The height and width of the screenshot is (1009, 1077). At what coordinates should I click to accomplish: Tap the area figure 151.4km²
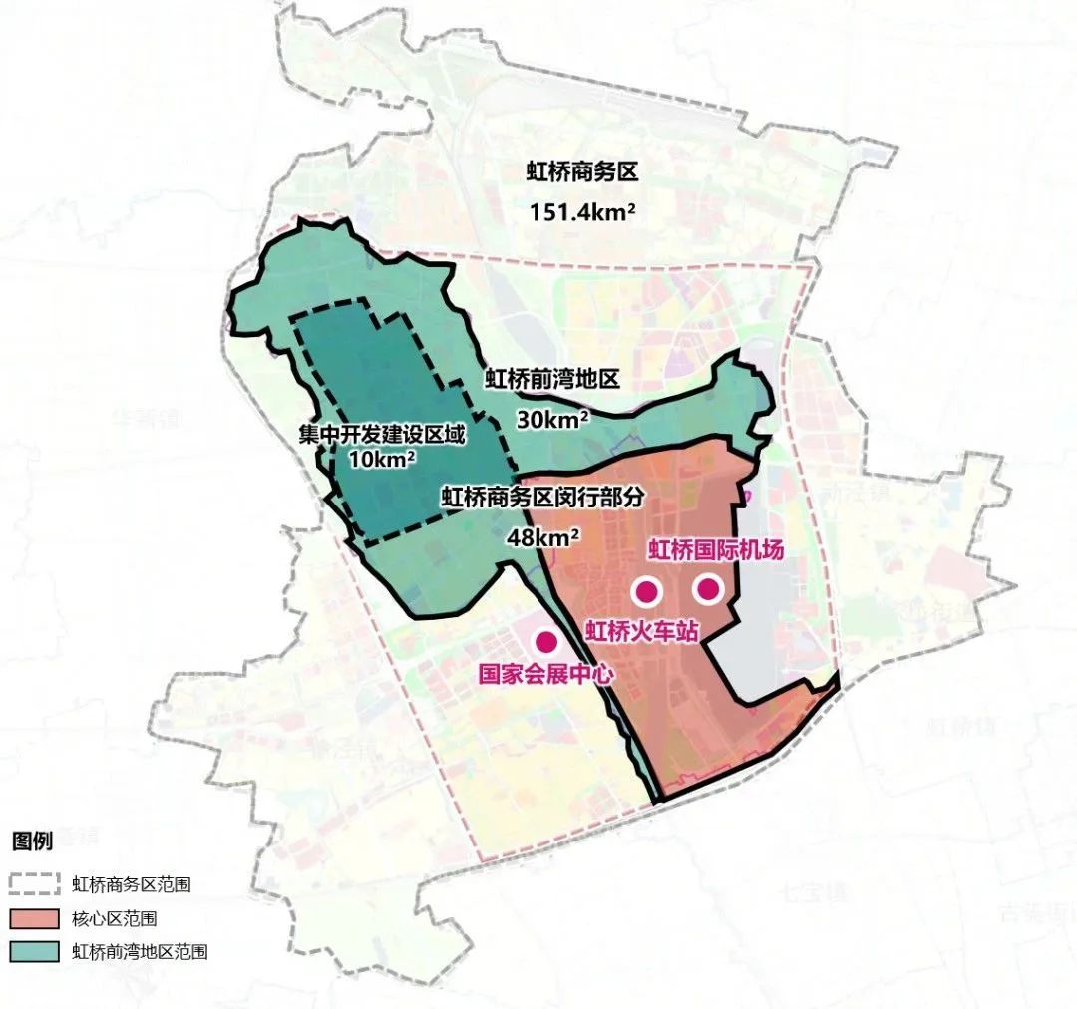[x=582, y=212]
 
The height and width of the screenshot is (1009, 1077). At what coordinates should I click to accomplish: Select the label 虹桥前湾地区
[x=552, y=379]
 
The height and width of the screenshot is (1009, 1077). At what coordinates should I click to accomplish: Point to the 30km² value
[x=552, y=419]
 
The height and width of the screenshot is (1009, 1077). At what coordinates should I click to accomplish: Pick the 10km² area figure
[x=382, y=460]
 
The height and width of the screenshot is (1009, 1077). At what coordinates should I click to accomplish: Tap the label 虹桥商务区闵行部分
[x=543, y=497]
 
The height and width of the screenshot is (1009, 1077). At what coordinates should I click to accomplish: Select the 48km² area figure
[x=544, y=536]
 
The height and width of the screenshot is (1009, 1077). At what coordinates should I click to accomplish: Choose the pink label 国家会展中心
[x=545, y=671]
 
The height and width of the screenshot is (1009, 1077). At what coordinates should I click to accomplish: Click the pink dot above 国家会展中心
[x=545, y=640]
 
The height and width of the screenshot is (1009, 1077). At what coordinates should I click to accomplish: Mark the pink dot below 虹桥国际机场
[x=708, y=589]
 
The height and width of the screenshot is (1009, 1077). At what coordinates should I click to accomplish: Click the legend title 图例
[x=32, y=841]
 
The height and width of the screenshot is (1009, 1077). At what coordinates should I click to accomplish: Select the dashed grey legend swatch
[x=36, y=883]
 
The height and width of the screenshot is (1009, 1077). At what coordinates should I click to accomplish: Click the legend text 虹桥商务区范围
[x=131, y=884]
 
